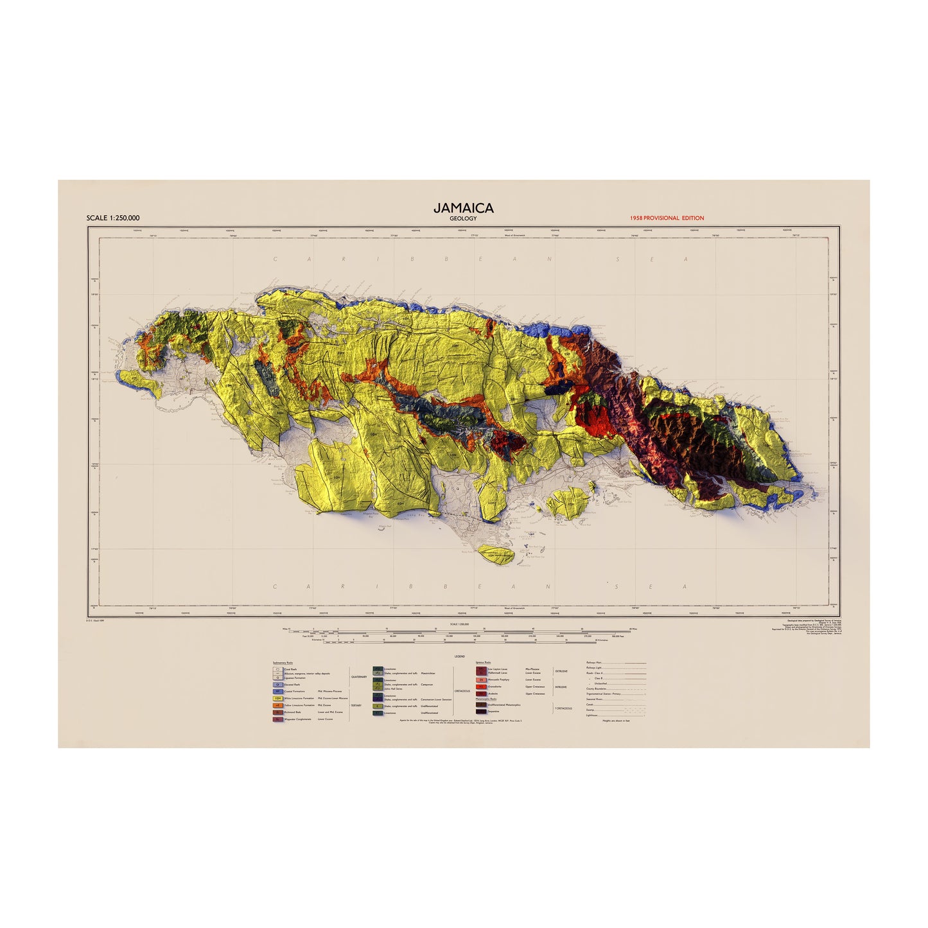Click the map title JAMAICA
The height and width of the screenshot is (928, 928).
[463, 207]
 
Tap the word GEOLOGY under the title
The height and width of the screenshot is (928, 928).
[463, 218]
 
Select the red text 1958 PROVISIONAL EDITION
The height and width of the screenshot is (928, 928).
[667, 218]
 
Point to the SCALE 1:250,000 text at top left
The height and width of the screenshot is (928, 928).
[113, 218]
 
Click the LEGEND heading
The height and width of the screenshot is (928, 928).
[459, 657]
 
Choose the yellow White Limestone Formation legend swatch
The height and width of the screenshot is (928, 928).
[278, 698]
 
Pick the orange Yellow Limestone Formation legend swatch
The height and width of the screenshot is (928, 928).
[278, 705]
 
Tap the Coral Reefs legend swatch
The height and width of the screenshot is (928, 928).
[278, 670]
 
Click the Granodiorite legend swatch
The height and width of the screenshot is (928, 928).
[481, 687]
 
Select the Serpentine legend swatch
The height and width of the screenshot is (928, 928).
[481, 712]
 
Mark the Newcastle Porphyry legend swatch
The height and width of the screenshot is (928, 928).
[481, 679]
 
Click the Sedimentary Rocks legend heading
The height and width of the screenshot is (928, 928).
[283, 662]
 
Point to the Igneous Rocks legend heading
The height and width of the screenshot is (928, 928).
[484, 662]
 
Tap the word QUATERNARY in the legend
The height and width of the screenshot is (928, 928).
[359, 677]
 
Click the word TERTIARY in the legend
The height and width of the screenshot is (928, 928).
[356, 705]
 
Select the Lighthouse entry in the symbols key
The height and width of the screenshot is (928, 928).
[592, 715]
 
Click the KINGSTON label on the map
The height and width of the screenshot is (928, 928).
[610, 478]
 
